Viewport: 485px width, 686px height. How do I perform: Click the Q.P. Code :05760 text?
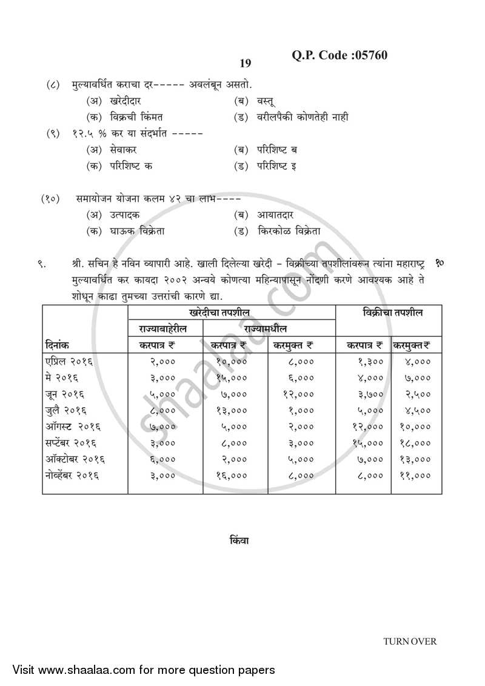coord(339,56)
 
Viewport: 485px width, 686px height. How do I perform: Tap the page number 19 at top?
coord(245,64)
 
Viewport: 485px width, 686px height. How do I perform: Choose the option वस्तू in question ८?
coord(258,101)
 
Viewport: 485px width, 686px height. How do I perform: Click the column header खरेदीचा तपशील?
coord(232,313)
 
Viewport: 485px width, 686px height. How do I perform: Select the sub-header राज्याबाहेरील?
coord(165,328)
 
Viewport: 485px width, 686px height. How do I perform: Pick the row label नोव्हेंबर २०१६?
coord(73,476)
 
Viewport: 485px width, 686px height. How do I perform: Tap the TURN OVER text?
coord(409,642)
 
